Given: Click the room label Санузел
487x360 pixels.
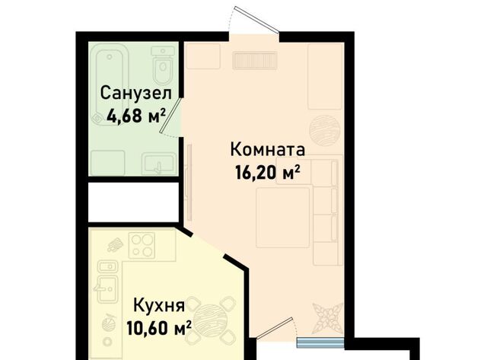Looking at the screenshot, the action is click(x=135, y=93).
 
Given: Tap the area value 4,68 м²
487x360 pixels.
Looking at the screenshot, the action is click(x=135, y=116).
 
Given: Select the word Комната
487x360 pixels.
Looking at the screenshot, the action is click(x=267, y=149).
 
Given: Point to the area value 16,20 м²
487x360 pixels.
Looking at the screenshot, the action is click(x=267, y=172).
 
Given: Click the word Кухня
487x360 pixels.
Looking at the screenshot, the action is click(x=159, y=305).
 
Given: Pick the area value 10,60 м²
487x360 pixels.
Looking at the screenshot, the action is click(x=159, y=328).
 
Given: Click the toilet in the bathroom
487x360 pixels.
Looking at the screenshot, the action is click(x=163, y=65).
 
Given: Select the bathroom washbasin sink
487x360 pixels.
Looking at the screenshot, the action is click(x=159, y=164).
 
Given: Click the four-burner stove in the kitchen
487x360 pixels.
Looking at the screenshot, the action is click(x=142, y=245).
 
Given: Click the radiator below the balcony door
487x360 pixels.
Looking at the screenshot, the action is click(x=255, y=61).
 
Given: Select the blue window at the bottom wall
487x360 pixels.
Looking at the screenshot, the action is click(x=320, y=342).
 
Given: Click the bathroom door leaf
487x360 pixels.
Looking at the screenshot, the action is click(x=170, y=116).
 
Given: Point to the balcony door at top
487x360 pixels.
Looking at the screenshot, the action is click(x=256, y=19).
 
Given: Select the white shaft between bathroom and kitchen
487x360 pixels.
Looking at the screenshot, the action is click(x=133, y=202).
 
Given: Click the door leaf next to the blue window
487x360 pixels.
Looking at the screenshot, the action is click(x=275, y=327).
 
